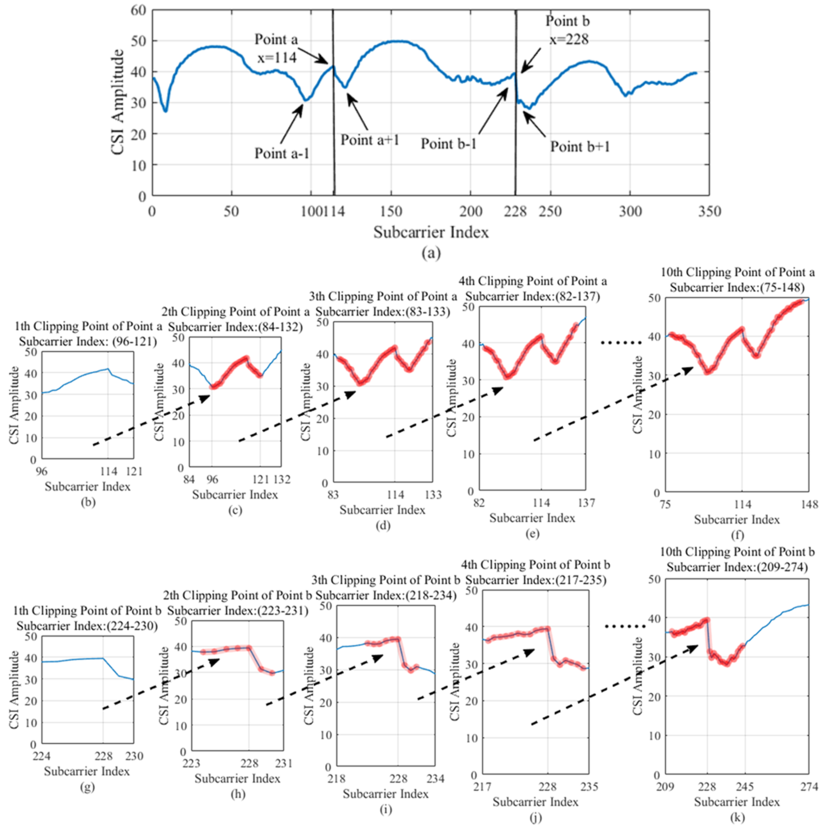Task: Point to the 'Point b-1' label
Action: [x=449, y=144]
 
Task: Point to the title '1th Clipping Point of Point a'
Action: [x=88, y=326]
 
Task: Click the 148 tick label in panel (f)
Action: [x=809, y=504]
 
